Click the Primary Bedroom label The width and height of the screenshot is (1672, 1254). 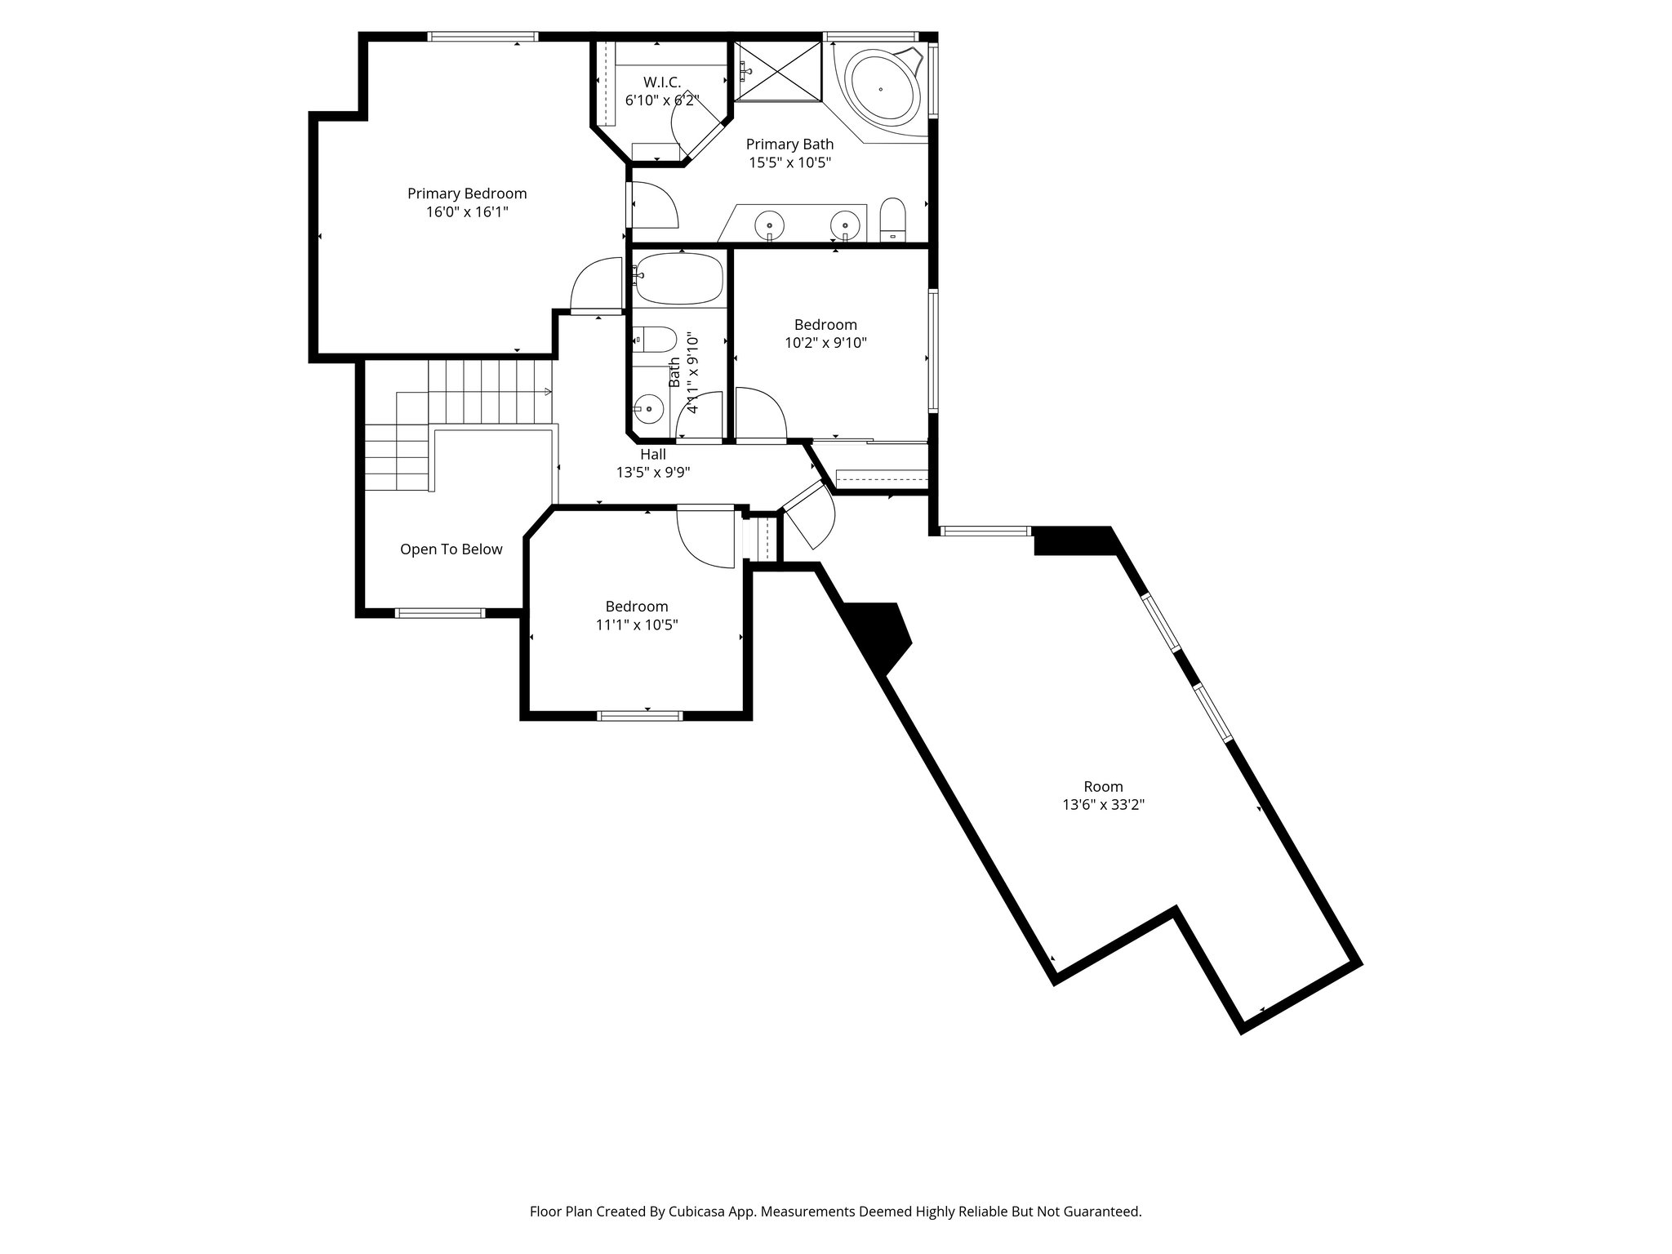tap(467, 193)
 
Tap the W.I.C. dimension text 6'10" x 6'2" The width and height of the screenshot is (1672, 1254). tap(661, 100)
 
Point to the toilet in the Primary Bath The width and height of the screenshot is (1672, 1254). tap(893, 219)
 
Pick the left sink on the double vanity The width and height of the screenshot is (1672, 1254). tap(769, 223)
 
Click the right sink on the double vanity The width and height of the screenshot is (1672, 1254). tap(844, 223)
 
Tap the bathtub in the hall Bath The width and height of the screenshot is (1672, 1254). tap(679, 278)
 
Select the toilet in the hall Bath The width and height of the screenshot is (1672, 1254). tap(656, 340)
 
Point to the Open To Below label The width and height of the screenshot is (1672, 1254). tap(451, 549)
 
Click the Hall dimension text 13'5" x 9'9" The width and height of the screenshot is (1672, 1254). tap(653, 472)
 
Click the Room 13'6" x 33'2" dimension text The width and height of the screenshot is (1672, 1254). tap(1103, 804)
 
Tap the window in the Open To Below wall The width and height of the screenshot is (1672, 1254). tap(440, 612)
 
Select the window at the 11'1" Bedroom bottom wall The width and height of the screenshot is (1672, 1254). tap(639, 716)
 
